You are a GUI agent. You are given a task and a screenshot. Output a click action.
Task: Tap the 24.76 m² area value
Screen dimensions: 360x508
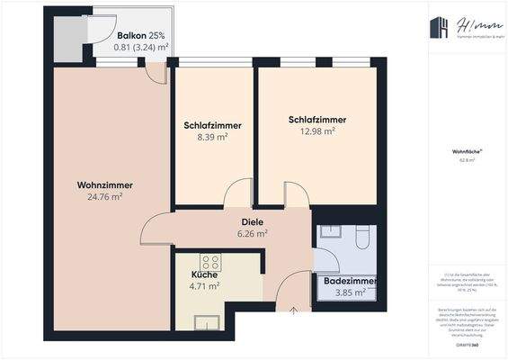(x=104, y=196)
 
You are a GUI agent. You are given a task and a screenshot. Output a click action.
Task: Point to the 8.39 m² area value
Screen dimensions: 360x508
(x=212, y=138)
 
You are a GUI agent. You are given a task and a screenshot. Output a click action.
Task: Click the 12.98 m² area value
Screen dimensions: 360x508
(x=317, y=130)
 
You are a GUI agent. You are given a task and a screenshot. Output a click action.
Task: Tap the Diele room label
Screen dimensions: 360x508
(x=252, y=221)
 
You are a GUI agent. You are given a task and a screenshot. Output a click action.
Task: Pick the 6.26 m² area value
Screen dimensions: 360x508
(x=252, y=232)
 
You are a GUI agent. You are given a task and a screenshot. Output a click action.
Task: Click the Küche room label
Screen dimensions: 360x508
(x=204, y=275)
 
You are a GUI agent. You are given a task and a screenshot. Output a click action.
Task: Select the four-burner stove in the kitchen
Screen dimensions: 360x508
(x=210, y=263)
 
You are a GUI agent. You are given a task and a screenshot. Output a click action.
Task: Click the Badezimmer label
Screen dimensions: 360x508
(x=350, y=282)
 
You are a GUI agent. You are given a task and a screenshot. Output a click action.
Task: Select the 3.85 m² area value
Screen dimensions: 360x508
(x=350, y=292)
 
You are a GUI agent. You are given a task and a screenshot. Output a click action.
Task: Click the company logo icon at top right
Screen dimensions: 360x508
(x=440, y=28)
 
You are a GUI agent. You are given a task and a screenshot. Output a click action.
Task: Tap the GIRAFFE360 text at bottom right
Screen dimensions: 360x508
(x=465, y=345)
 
